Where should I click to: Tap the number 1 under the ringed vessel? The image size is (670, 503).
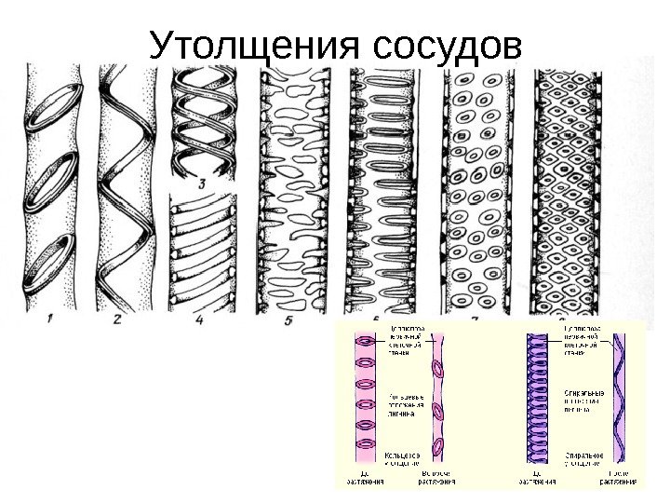point(48,319)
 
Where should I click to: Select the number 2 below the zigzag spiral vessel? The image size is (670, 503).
point(116,319)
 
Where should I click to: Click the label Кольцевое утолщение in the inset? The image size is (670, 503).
point(401,457)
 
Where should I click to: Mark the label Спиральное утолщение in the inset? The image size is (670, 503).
point(584,457)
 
